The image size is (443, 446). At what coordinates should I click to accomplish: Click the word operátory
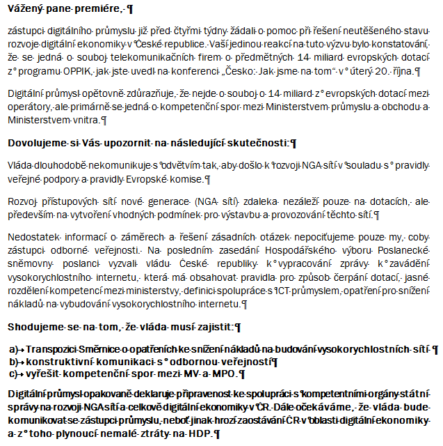(27, 107)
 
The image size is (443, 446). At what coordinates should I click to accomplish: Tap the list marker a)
(14, 348)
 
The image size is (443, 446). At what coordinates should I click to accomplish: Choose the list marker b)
(14, 361)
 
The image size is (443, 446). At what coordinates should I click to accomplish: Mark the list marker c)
(14, 373)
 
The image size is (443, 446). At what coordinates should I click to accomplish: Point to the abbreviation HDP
(199, 433)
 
